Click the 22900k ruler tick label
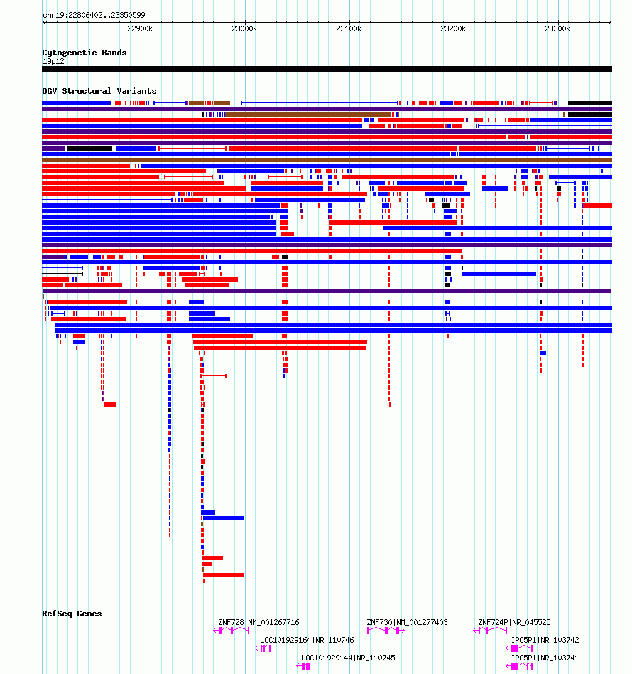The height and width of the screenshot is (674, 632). pyautogui.click(x=140, y=29)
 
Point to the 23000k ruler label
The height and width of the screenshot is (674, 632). pyautogui.click(x=244, y=29)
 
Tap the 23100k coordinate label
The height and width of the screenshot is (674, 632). pyautogui.click(x=349, y=29)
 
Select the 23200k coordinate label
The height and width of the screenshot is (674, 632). pyautogui.click(x=453, y=29)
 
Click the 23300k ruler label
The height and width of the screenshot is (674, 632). pyautogui.click(x=557, y=29)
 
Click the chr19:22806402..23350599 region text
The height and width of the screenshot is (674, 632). pyautogui.click(x=94, y=15)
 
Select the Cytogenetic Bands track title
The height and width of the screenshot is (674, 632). pyautogui.click(x=85, y=53)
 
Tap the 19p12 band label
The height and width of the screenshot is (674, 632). pyautogui.click(x=53, y=61)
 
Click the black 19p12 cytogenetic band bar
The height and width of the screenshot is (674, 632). pyautogui.click(x=327, y=69)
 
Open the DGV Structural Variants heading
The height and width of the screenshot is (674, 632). pyautogui.click(x=99, y=91)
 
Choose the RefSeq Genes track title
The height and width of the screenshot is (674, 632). pyautogui.click(x=72, y=614)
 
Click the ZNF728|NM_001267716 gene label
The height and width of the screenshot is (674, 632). pyautogui.click(x=258, y=622)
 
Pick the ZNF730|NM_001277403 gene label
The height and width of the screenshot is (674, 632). pyautogui.click(x=407, y=622)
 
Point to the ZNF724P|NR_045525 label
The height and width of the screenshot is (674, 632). pyautogui.click(x=514, y=622)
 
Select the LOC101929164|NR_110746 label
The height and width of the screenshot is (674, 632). pyautogui.click(x=307, y=640)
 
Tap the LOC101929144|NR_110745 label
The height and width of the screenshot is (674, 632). pyautogui.click(x=348, y=658)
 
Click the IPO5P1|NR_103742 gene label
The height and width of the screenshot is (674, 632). pyautogui.click(x=545, y=640)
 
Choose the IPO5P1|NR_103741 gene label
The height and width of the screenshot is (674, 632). pyautogui.click(x=545, y=658)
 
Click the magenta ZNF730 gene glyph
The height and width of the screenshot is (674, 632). pyautogui.click(x=386, y=631)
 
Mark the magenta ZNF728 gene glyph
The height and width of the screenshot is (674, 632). pyautogui.click(x=231, y=631)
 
